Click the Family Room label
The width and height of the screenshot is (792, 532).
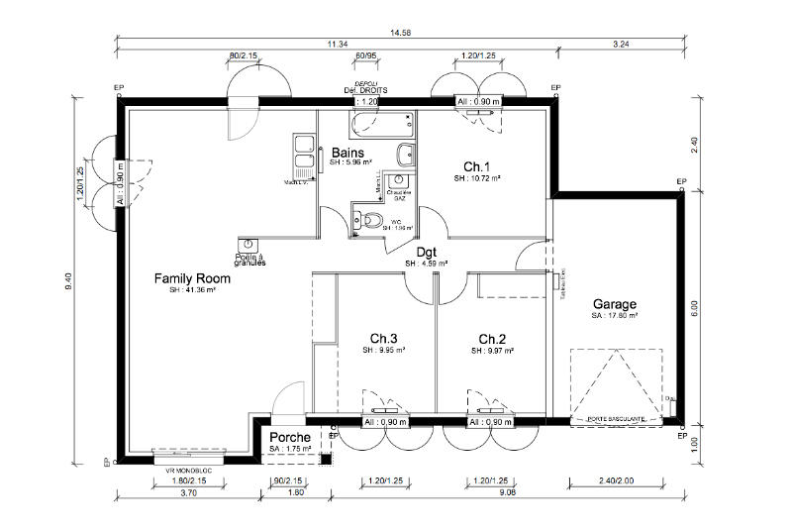pos(192,279)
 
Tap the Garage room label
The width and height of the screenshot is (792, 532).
pos(614,304)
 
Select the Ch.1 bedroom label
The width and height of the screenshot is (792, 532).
pos(477,166)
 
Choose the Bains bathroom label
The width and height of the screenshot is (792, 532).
pos(346,153)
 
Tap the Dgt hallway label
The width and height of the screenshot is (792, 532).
pos(426,252)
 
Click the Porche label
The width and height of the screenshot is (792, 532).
pos(289,437)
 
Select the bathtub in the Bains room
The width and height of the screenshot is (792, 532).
pos(380,125)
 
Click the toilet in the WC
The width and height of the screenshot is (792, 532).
pos(370,220)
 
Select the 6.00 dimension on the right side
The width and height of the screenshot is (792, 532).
pos(694,308)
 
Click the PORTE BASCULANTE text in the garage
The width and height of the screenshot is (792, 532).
pos(616,419)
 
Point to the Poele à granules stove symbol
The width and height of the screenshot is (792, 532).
pos(246,244)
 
